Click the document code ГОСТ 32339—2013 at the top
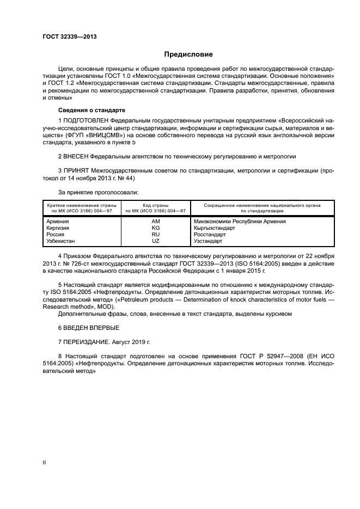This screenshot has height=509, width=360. [x=66, y=36]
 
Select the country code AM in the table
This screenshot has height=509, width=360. [x=156, y=222]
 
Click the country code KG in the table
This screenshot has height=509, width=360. [x=156, y=228]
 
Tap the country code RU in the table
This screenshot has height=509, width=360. [x=156, y=234]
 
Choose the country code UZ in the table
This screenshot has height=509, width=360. [x=156, y=241]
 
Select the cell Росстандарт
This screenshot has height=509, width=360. [x=210, y=234]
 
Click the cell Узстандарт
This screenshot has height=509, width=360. [x=208, y=241]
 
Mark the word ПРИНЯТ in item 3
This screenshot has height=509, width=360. [x=76, y=171]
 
